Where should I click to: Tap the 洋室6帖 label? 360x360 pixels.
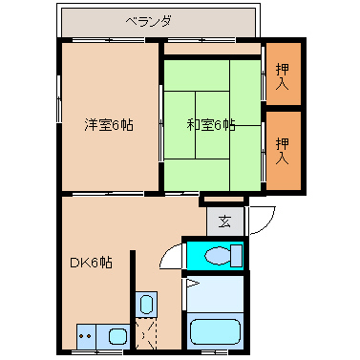(x=107, y=123)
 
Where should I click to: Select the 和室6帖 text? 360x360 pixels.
(x=209, y=123)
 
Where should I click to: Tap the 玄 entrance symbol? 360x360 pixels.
(x=224, y=222)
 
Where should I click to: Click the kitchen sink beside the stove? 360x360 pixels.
(x=116, y=337)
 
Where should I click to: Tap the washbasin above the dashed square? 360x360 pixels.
(x=146, y=305)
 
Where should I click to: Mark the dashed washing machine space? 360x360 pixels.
(x=146, y=334)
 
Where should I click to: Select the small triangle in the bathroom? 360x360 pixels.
(x=191, y=283)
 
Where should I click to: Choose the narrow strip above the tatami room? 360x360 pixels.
(x=212, y=48)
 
